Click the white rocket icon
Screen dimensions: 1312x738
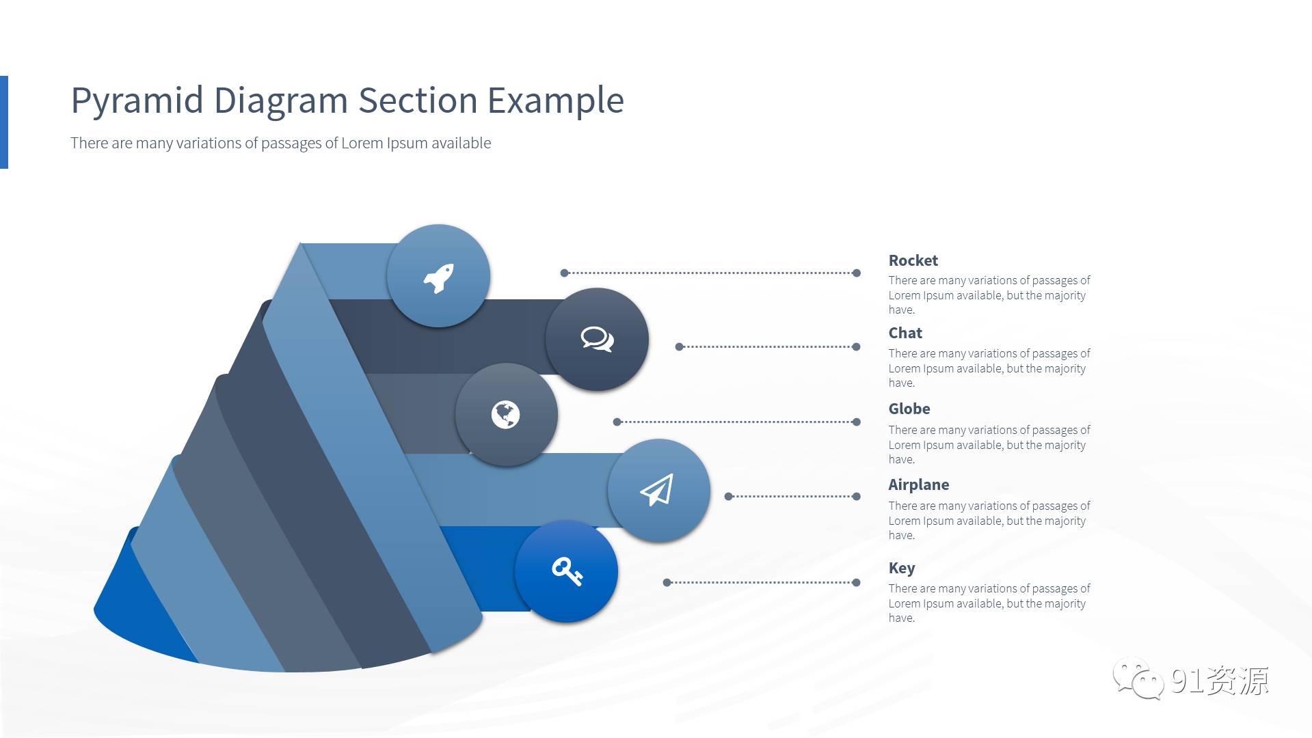tap(438, 278)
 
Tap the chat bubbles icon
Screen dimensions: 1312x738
tap(597, 339)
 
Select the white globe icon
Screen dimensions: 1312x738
tap(505, 415)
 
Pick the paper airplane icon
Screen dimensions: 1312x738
tap(656, 490)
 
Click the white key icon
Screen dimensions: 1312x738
tap(567, 571)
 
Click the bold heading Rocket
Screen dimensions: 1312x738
tap(913, 260)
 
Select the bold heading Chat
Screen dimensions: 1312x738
tap(905, 333)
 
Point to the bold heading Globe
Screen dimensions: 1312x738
tap(909, 409)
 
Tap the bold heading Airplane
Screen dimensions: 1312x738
tap(918, 484)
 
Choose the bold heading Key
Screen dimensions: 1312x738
tap(901, 568)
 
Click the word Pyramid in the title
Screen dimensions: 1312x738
tap(137, 101)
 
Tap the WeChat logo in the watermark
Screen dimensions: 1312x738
tap(1138, 679)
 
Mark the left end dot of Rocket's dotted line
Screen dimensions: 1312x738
tap(564, 273)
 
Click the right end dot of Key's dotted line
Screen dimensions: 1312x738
tap(856, 582)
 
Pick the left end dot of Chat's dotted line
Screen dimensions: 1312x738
tap(679, 346)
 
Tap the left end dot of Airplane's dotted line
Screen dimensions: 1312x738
tap(728, 496)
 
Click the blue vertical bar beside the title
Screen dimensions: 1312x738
tap(3, 122)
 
